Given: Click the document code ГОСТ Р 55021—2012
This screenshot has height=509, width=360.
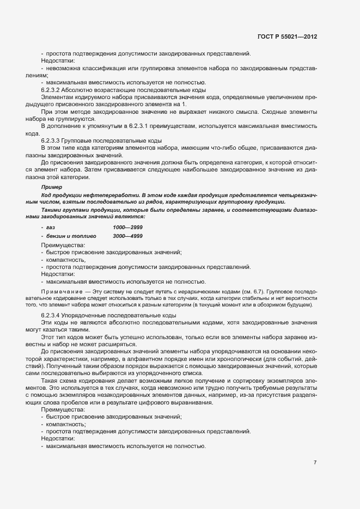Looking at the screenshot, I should click(287, 37).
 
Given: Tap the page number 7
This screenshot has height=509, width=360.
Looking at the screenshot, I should click(315, 462).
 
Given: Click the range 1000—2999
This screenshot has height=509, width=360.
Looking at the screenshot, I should click(128, 226).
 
